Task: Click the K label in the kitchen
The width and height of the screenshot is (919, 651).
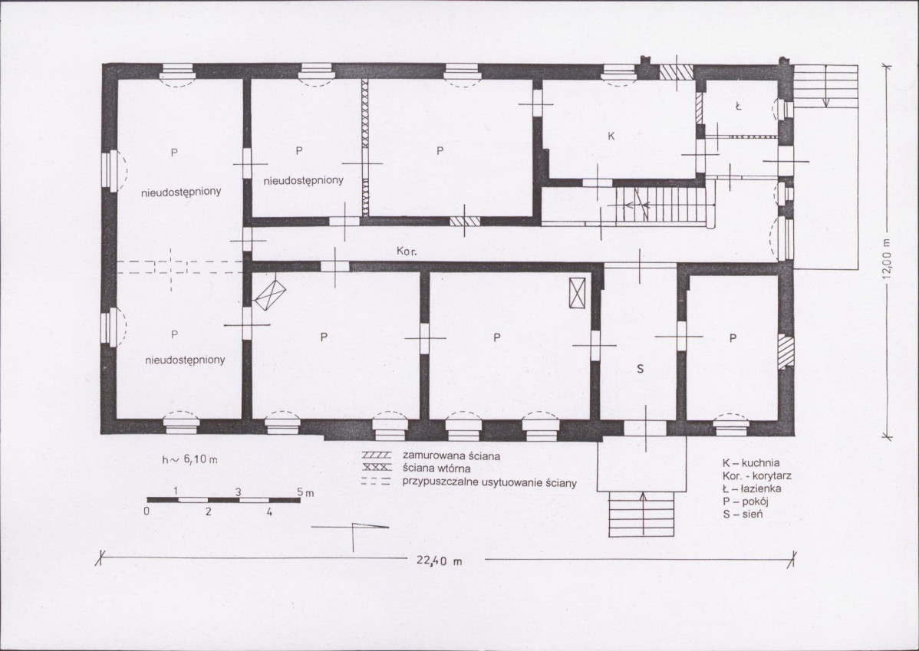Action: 611,136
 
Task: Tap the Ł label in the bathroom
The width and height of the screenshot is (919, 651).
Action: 739,107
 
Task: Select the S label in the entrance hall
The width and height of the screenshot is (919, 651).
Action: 640,369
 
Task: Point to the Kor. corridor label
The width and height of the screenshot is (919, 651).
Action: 407,251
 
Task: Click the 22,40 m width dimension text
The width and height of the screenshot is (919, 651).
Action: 439,561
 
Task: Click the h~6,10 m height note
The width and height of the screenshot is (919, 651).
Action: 189,459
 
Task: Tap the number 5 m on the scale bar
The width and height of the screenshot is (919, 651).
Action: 305,493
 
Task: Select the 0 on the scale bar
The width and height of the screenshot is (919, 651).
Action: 147,511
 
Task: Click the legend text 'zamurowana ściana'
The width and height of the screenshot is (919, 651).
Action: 451,455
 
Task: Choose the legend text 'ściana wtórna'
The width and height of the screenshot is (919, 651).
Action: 436,469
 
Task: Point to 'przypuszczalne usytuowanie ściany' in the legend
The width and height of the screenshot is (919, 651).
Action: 489,483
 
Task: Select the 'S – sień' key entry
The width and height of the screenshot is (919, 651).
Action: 743,515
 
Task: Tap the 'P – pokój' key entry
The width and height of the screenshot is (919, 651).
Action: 746,501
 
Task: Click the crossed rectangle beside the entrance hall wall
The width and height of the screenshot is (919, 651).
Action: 578,292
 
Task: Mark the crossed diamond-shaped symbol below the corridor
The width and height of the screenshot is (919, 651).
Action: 269,294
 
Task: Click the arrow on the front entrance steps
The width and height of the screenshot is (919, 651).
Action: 642,514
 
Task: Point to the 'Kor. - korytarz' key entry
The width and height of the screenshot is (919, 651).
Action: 756,476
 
